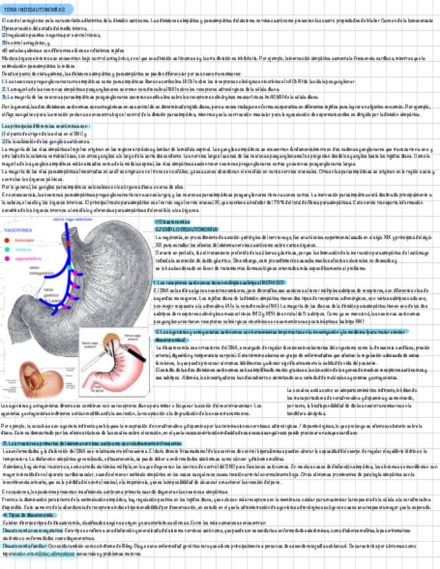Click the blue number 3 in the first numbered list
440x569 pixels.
tap(3, 42)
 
